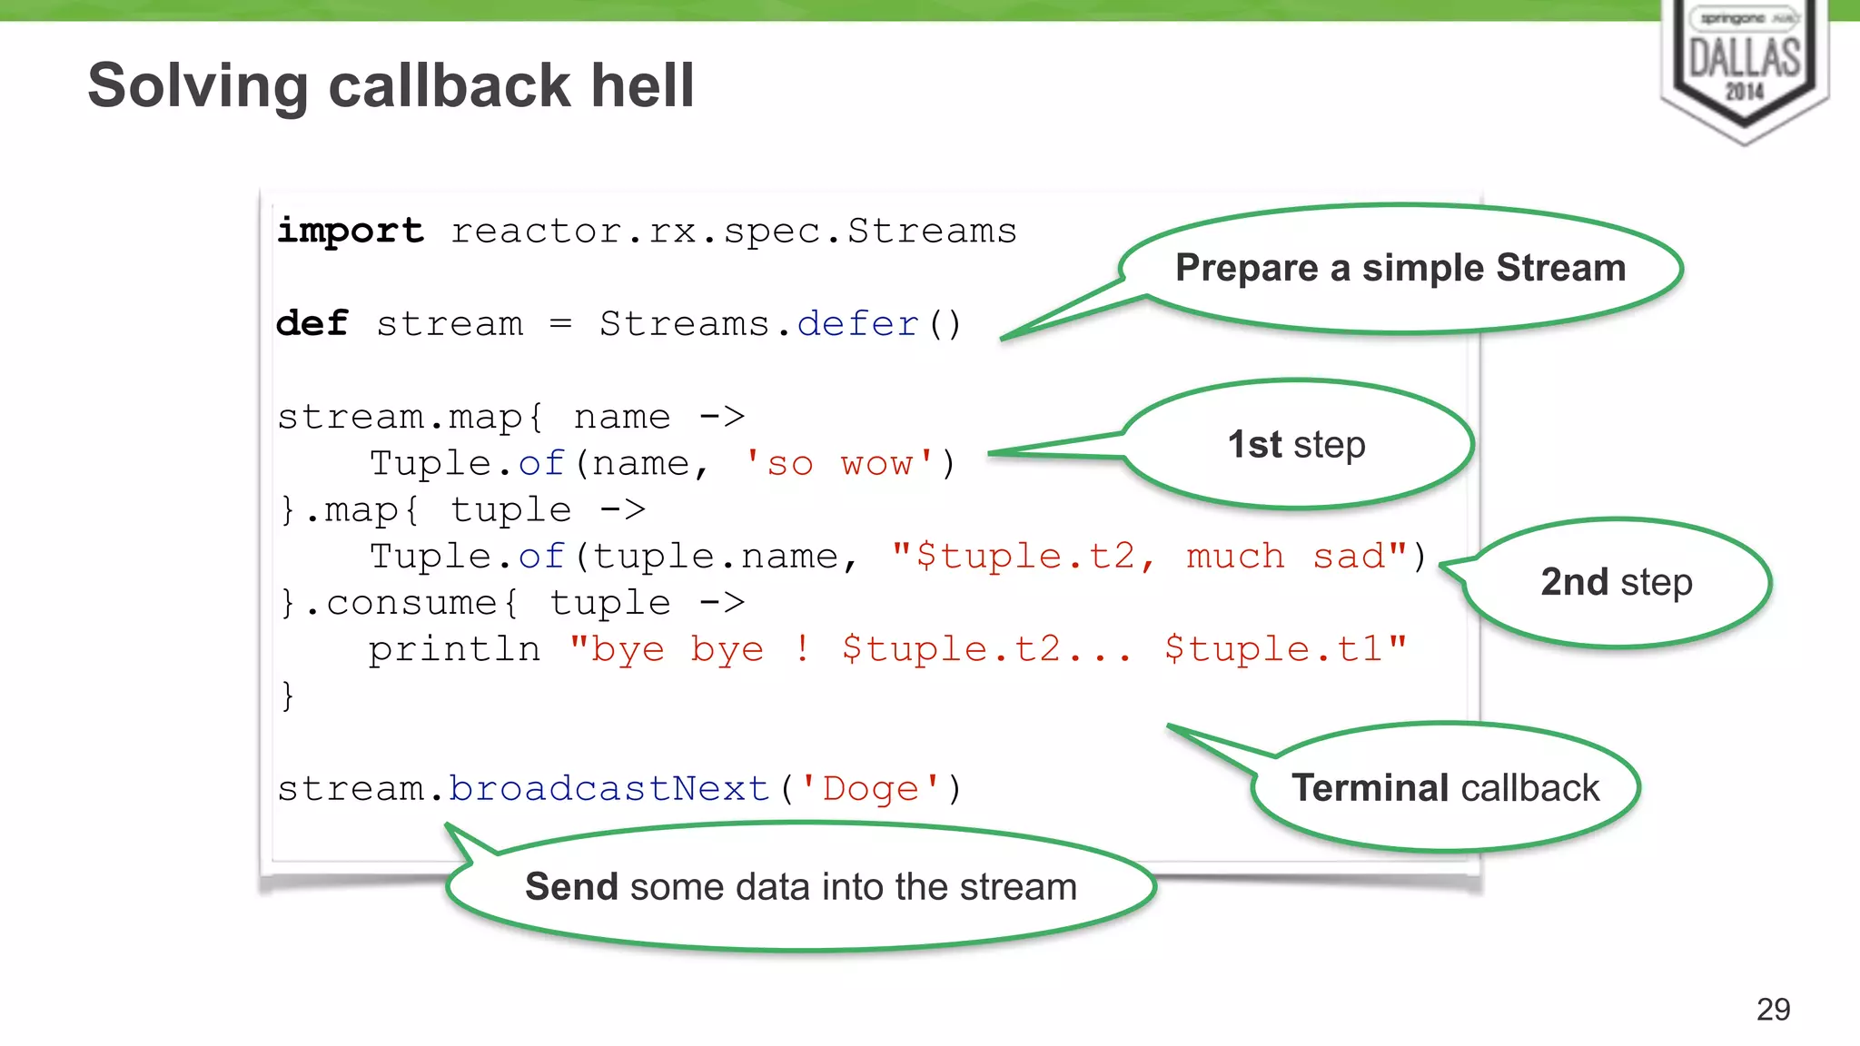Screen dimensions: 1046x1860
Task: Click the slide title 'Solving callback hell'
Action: (391, 85)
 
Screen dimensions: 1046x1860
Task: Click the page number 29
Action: (1773, 1009)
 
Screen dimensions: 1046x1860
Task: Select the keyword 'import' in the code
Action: (351, 231)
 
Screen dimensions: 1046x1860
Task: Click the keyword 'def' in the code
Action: (312, 323)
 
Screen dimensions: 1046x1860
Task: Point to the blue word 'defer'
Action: (857, 323)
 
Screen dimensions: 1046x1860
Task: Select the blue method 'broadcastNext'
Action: (608, 788)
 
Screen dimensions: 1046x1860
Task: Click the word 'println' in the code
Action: (454, 649)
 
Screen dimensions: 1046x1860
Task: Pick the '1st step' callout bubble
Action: (1297, 445)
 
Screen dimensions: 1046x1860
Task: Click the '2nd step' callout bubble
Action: (1617, 582)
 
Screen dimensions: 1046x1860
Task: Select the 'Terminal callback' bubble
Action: (1445, 787)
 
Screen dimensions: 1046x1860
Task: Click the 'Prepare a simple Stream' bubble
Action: (1400, 268)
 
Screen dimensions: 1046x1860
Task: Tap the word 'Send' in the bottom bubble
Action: (571, 886)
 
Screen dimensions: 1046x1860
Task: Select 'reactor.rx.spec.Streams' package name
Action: (734, 231)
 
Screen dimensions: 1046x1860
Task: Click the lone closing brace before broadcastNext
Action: (287, 696)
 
